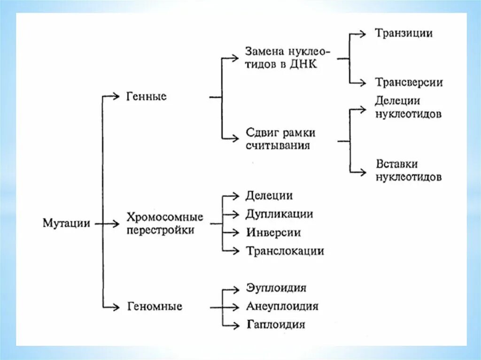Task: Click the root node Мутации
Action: pyautogui.click(x=66, y=223)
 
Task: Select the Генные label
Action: pyautogui.click(x=147, y=97)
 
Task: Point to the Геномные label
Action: pyautogui.click(x=155, y=307)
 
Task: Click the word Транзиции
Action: pyautogui.click(x=403, y=33)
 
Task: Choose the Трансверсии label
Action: pyautogui.click(x=409, y=83)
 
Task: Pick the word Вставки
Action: pyautogui.click(x=397, y=164)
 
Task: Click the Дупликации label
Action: pyautogui.click(x=279, y=214)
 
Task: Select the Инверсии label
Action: pyautogui.click(x=273, y=232)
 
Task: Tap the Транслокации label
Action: pyautogui.click(x=285, y=251)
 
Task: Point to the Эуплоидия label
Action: pyautogui.click(x=276, y=288)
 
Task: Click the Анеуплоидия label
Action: pyautogui.click(x=282, y=306)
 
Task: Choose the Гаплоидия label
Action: pyautogui.click(x=276, y=324)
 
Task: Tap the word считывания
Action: pyautogui.click(x=278, y=145)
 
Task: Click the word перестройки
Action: pyautogui.click(x=160, y=230)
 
